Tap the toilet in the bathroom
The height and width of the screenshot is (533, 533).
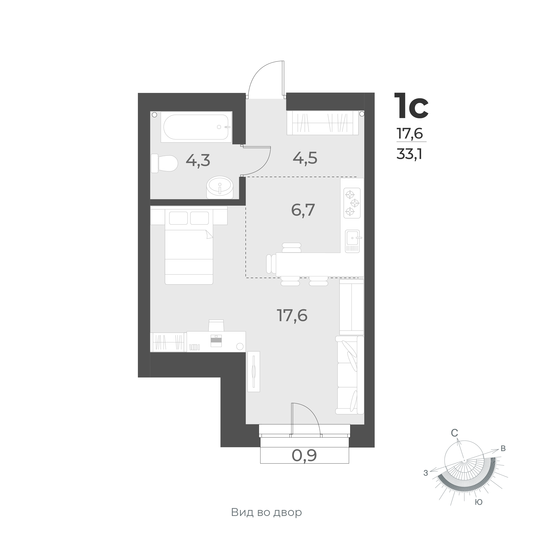[164, 163]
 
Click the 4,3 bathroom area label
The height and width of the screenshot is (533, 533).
[198, 160]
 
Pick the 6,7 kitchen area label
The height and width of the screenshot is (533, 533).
[303, 210]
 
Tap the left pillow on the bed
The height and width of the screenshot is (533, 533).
[178, 218]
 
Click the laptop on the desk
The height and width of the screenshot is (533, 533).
[216, 341]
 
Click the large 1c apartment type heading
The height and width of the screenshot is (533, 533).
[411, 106]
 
